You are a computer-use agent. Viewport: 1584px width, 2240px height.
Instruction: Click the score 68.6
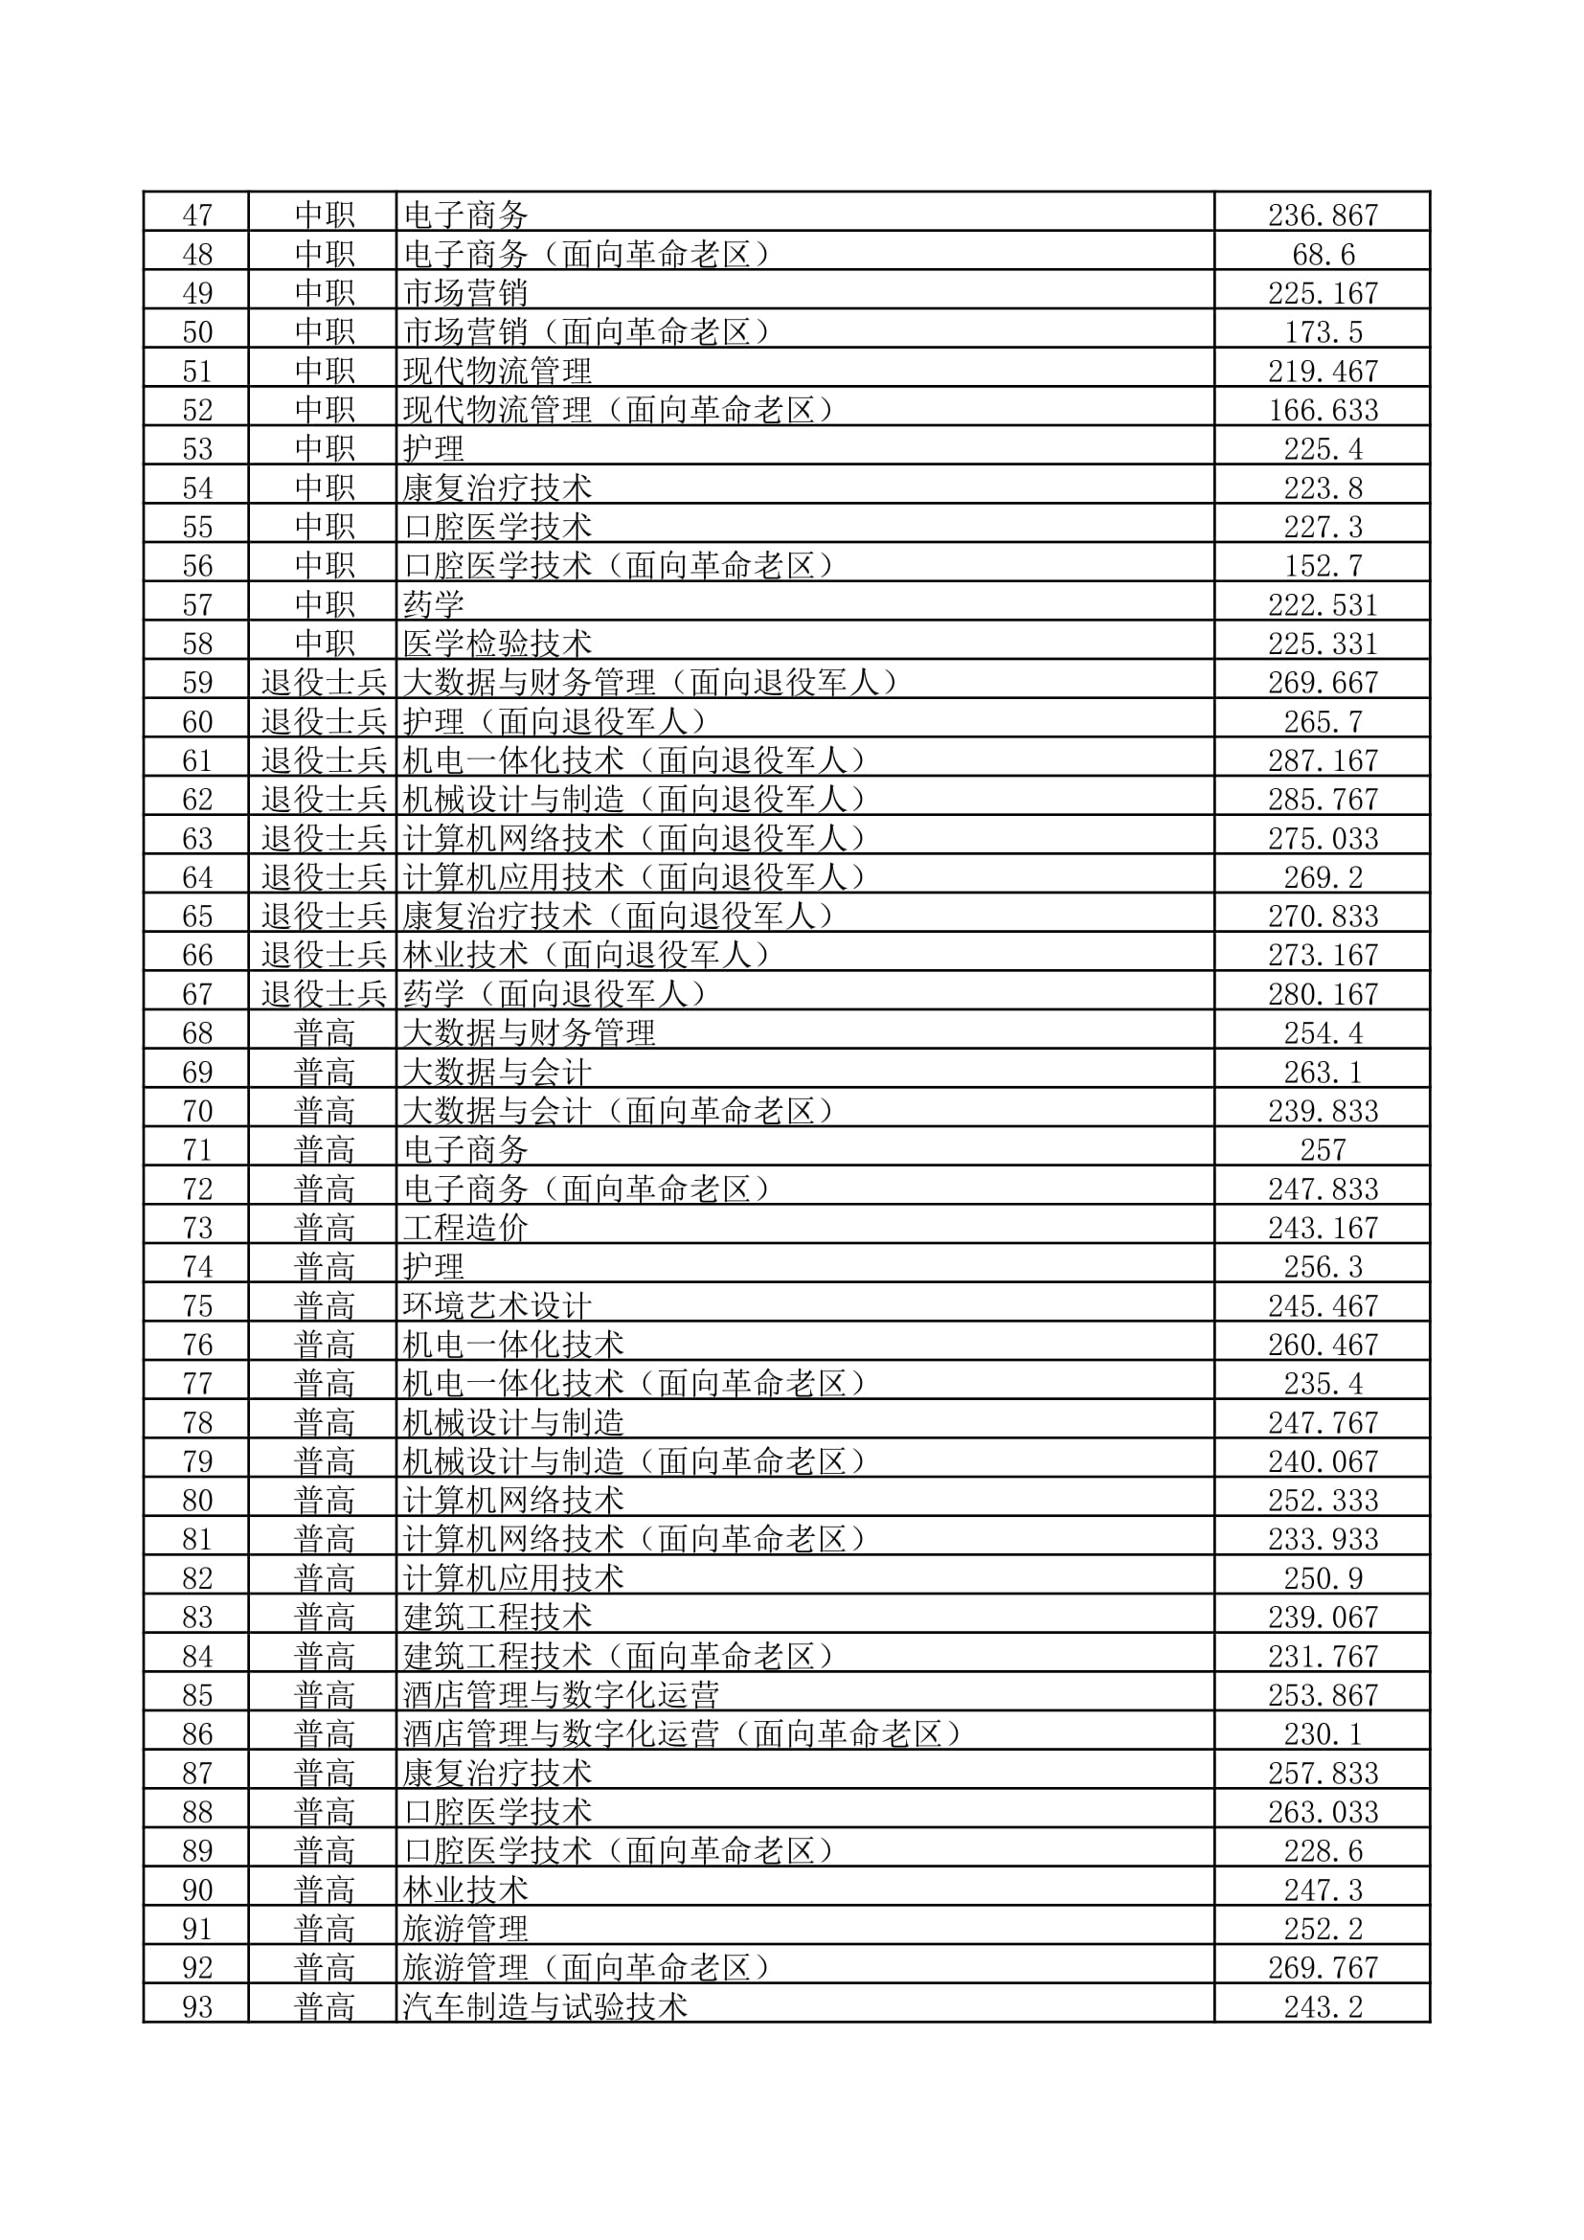coord(1323,255)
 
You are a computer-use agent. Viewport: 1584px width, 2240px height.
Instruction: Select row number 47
coord(197,215)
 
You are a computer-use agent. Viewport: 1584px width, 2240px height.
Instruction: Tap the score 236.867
coord(1323,215)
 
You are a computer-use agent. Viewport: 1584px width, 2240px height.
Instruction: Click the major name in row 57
coord(434,605)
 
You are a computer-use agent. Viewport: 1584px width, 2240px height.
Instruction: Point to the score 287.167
coord(1323,760)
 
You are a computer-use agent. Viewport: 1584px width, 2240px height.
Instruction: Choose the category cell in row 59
coord(324,683)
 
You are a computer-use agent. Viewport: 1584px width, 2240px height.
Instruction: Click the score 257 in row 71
coord(1323,1150)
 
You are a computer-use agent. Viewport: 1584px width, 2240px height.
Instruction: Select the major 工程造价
coord(465,1228)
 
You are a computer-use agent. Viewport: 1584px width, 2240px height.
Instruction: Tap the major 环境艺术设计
coord(496,1305)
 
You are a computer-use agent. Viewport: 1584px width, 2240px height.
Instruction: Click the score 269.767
coord(1323,1968)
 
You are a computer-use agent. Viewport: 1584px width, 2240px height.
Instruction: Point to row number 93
coord(197,2007)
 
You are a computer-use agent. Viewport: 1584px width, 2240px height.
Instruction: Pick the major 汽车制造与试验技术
coord(545,2007)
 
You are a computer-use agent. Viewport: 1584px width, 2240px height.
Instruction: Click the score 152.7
coord(1323,566)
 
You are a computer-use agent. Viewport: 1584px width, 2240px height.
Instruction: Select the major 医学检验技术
coord(496,644)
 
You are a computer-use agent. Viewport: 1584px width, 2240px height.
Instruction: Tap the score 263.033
coord(1323,1812)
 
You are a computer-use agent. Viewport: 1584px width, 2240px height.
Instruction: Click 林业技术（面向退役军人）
coord(585,955)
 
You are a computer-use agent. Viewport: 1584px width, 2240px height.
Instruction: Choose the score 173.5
coord(1323,332)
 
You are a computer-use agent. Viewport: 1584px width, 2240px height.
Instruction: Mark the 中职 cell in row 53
coord(324,449)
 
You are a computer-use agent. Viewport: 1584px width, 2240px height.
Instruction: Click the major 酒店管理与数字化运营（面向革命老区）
coord(683,1733)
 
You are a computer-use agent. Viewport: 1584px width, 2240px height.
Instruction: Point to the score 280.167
coord(1323,994)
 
